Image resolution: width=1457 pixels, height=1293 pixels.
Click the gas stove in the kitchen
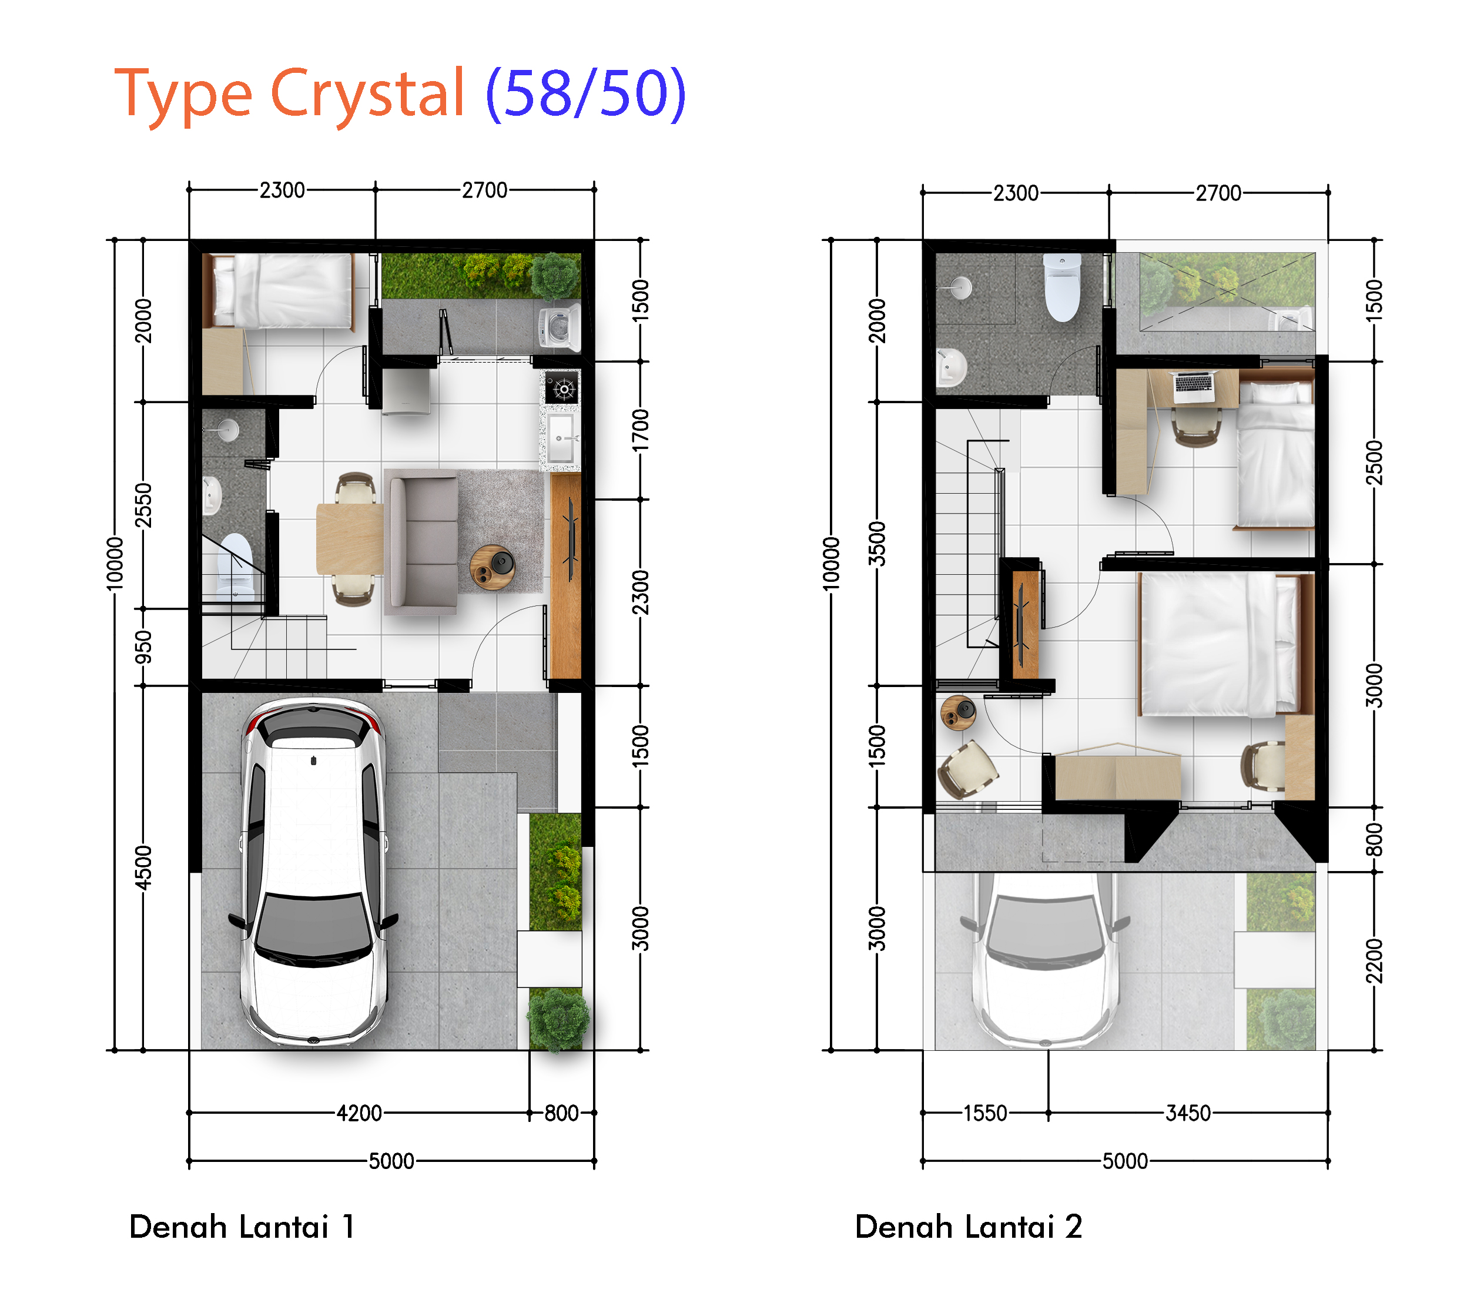pos(562,388)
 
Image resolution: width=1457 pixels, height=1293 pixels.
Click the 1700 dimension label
pos(641,430)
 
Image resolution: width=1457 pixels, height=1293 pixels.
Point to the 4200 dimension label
pos(359,1113)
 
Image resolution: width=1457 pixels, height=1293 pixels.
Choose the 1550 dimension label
pos(985,1113)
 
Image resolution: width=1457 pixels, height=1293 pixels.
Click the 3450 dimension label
pos(1188,1113)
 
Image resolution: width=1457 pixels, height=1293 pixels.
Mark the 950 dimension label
pos(143,646)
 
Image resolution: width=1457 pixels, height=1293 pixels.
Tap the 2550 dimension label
pos(143,505)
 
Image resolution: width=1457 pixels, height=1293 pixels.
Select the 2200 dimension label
pos(1374,961)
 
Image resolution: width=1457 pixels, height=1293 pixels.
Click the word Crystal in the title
pos(368,93)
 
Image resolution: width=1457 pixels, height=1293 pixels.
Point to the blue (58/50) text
pos(586,93)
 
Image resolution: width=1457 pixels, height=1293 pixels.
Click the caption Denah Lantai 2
pos(969,1227)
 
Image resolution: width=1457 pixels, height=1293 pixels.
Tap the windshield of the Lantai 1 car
pos(314,927)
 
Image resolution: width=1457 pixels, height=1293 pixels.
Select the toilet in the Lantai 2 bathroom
pos(1062,287)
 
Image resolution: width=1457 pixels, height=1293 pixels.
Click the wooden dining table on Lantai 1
pos(350,539)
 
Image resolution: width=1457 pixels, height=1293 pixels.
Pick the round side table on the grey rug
pos(493,567)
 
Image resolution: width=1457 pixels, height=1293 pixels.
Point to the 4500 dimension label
pos(143,867)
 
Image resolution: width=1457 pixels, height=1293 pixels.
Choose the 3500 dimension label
pos(877,544)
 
